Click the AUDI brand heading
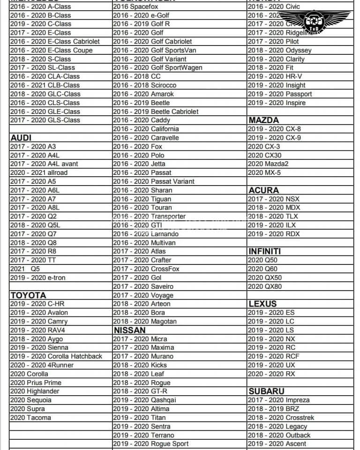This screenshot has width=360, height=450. [21, 137]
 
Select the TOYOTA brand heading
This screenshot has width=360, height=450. [28, 295]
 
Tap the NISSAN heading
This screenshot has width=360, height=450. [129, 330]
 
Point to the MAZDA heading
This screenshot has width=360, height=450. [263, 120]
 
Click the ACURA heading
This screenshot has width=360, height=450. [263, 190]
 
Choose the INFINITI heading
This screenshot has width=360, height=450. [265, 251]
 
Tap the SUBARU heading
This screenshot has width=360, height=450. [266, 391]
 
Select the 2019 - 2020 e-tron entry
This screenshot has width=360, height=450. [38, 277]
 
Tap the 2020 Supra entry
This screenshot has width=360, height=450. [27, 409]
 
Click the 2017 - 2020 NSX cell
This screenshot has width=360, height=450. [274, 199]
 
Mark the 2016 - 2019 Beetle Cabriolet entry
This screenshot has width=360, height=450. [156, 112]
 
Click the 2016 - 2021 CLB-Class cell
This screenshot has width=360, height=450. [45, 85]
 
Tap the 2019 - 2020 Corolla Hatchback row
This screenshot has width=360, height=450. [56, 356]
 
